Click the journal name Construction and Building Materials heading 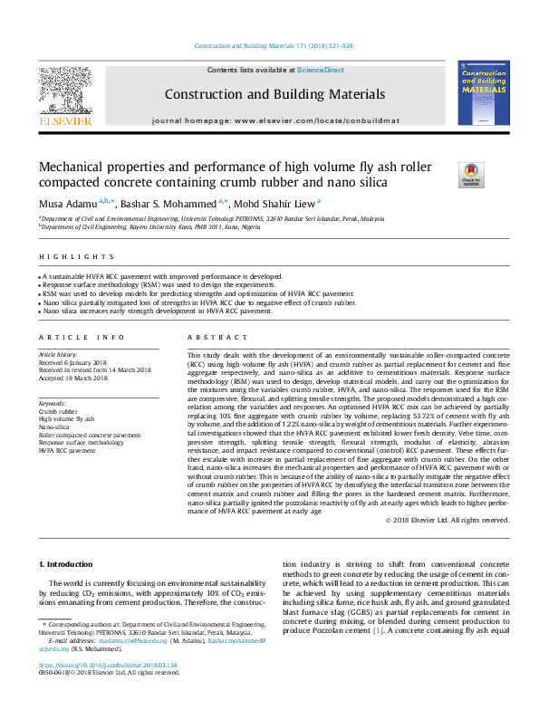click(x=274, y=94)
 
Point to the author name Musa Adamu click(x=67, y=205)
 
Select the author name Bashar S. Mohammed click(x=168, y=205)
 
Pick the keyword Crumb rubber click(x=58, y=411)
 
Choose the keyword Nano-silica click(x=55, y=427)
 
